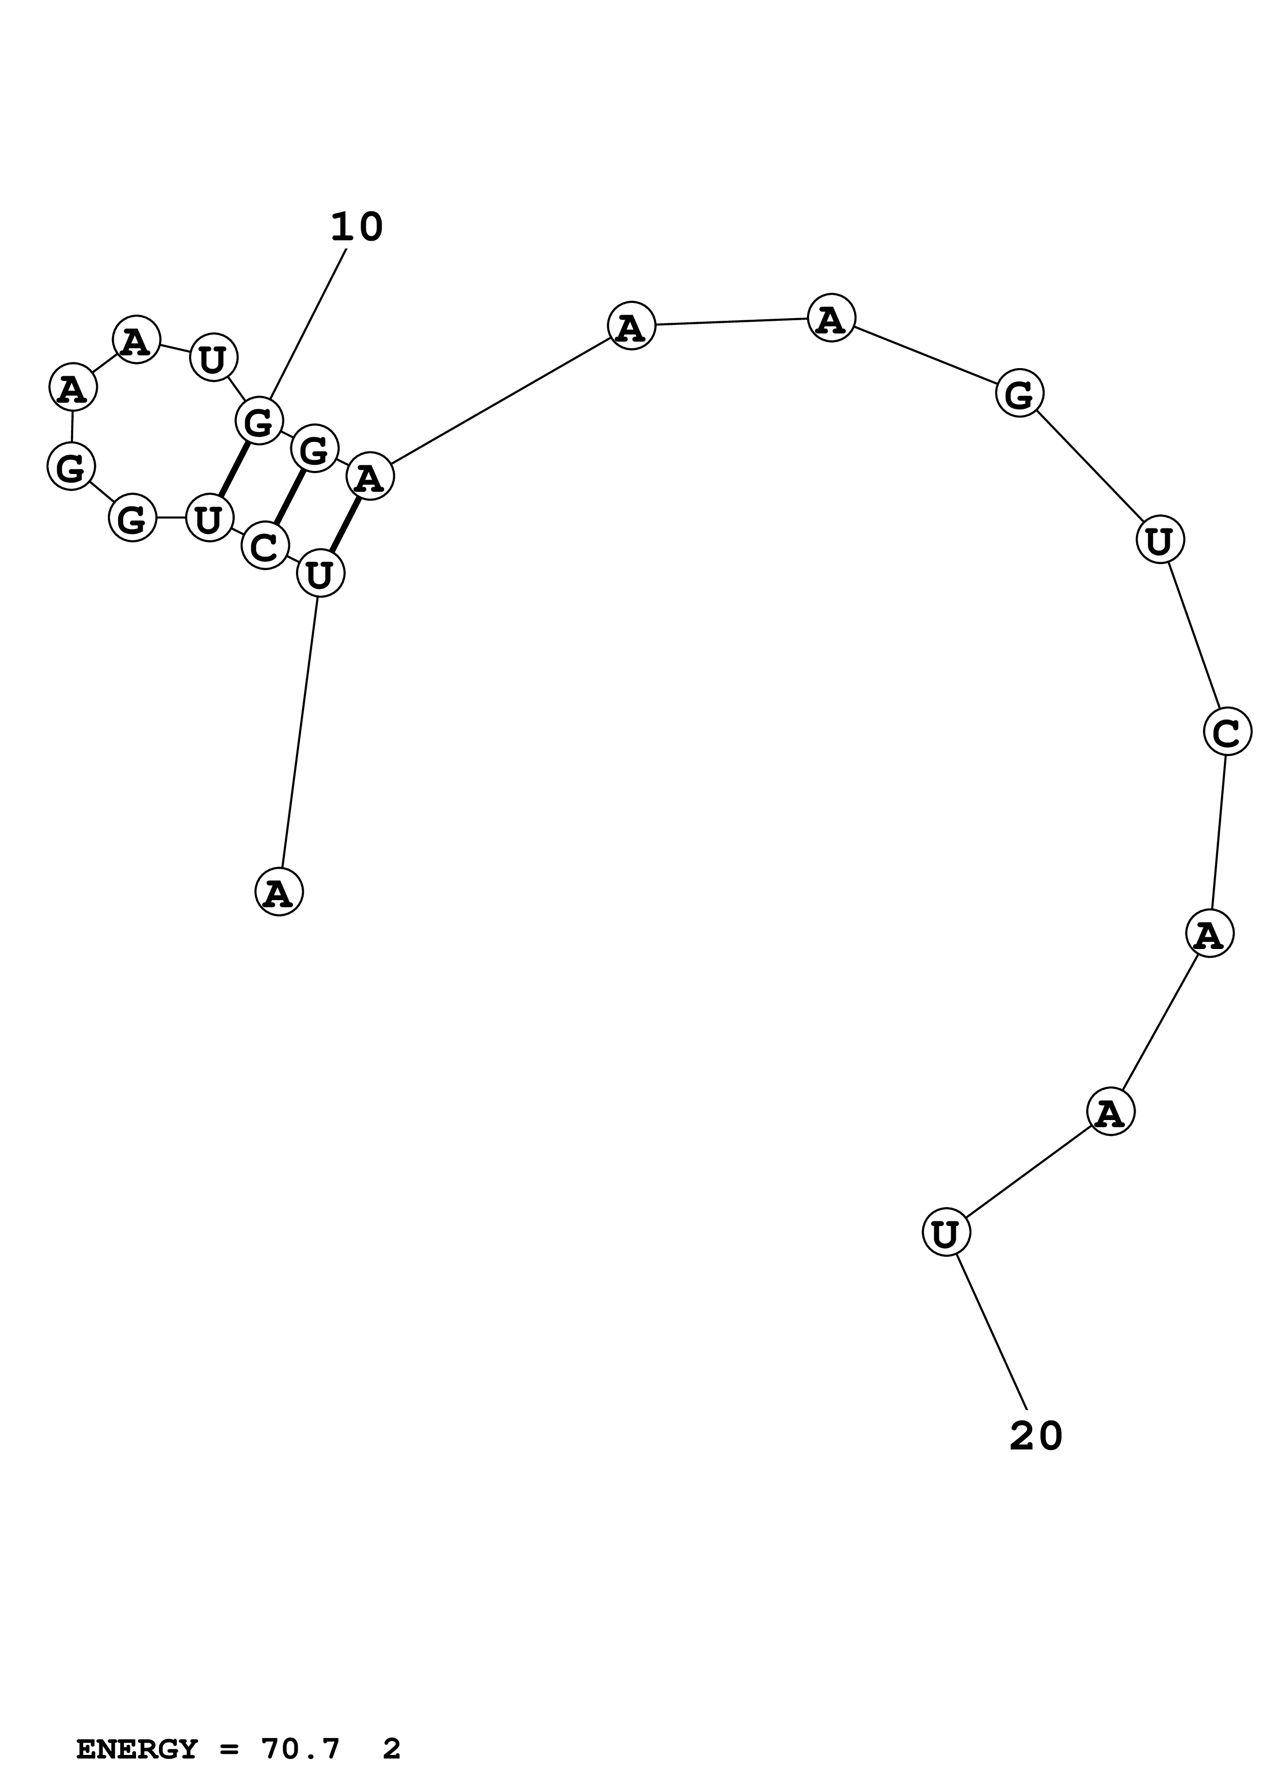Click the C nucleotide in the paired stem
click(x=264, y=546)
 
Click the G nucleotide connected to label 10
click(x=258, y=421)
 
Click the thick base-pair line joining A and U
click(x=345, y=525)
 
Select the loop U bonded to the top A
click(x=212, y=358)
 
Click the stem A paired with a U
click(x=370, y=476)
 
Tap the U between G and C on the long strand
click(x=1160, y=540)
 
